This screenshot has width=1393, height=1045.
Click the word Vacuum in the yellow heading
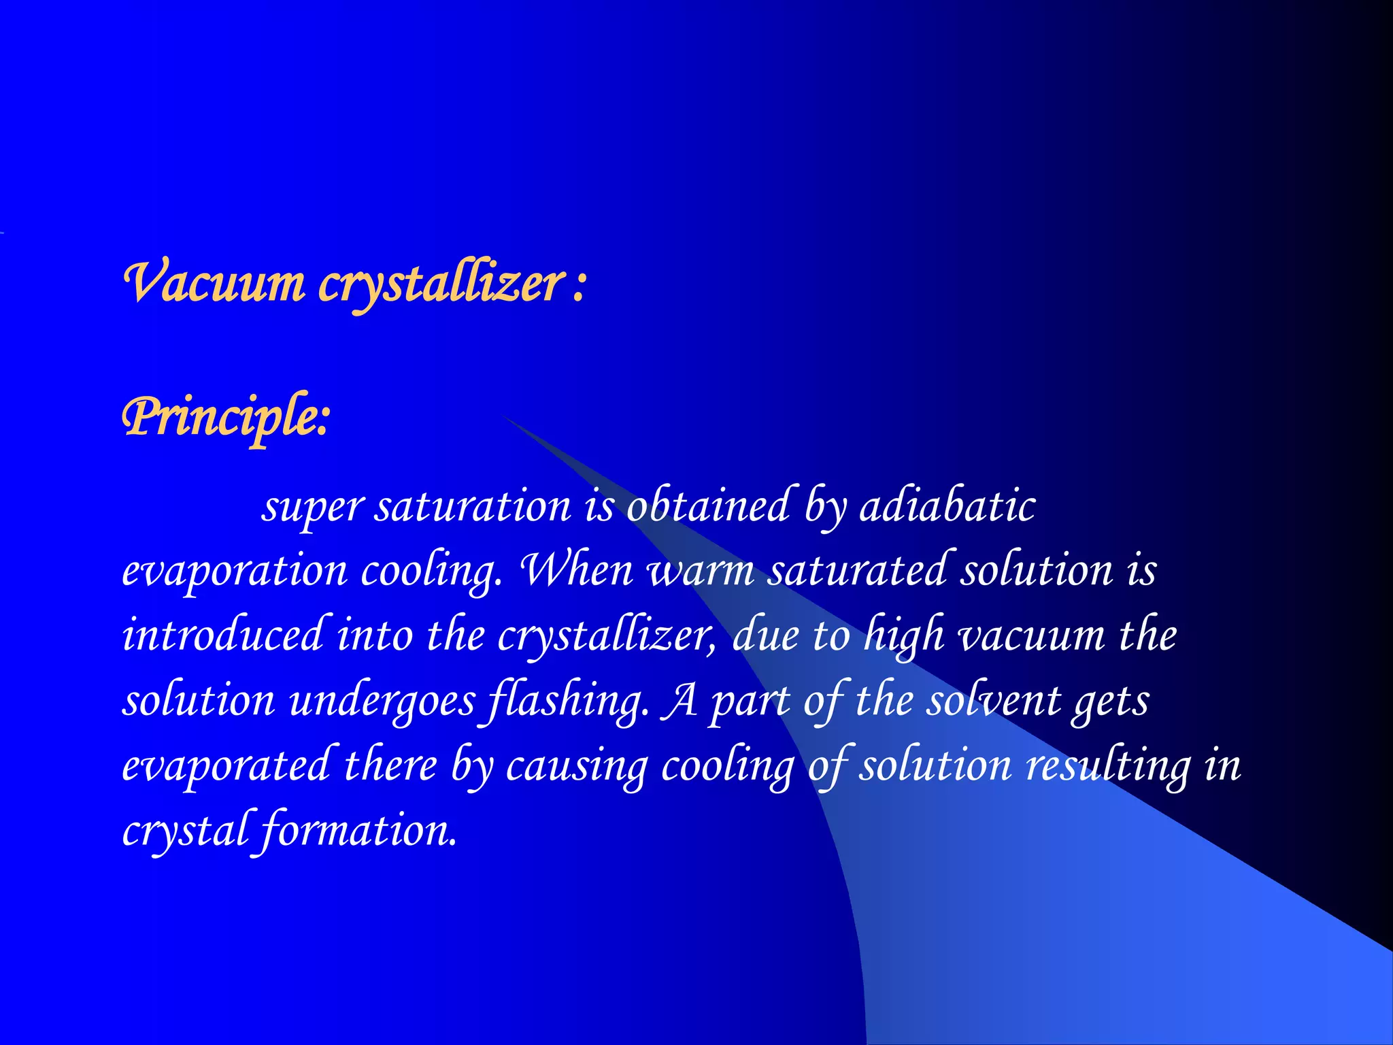point(214,283)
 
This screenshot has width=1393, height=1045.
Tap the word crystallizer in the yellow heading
point(442,284)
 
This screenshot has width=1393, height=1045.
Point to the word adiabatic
point(947,507)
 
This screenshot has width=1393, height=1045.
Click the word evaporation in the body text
point(235,571)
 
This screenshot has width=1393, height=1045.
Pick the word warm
point(701,571)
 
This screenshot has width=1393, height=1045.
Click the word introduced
point(222,635)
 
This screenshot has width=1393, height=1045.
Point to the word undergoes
point(382,701)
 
